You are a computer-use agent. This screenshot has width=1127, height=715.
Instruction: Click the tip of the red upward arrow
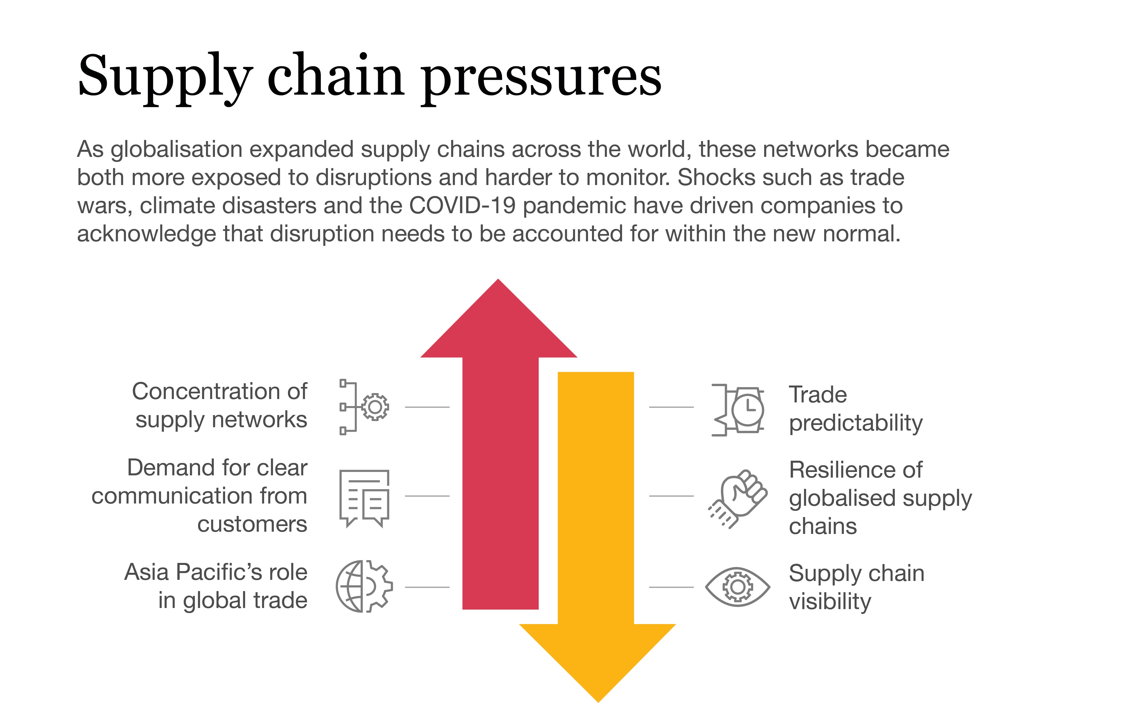pos(498,279)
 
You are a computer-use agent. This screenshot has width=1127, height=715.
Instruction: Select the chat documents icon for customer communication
pos(364,498)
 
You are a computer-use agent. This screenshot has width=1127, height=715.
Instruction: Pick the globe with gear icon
pos(364,586)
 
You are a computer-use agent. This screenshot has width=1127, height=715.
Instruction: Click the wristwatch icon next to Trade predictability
pos(738,410)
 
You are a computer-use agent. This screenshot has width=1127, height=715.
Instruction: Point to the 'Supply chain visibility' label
pos(857,587)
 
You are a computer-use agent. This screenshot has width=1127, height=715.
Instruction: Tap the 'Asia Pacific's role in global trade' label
pos(216,586)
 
